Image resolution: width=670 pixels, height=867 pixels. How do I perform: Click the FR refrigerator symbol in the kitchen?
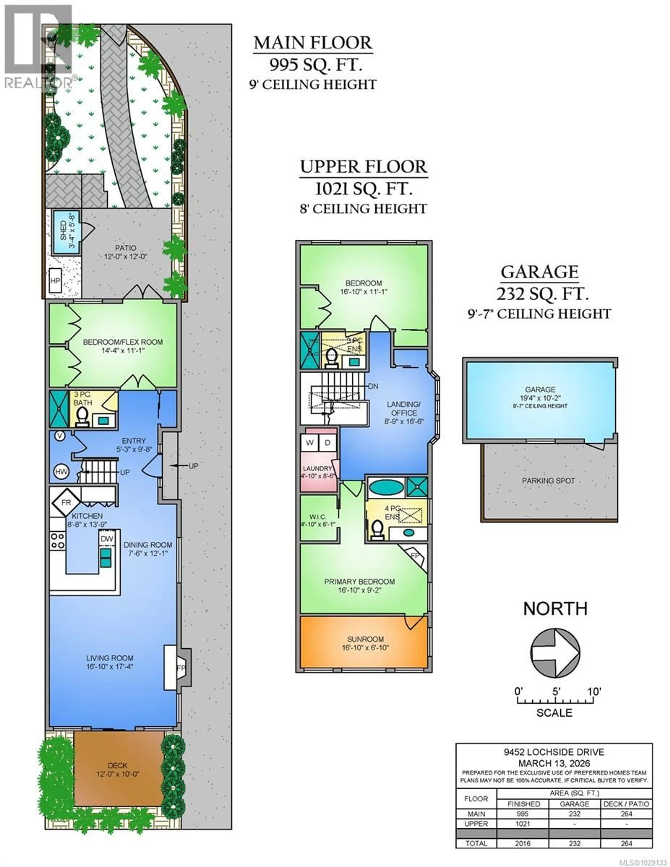click(x=66, y=503)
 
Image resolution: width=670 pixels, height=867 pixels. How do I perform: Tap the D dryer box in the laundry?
click(x=328, y=443)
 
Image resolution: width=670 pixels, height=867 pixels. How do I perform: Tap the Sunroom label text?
click(x=365, y=639)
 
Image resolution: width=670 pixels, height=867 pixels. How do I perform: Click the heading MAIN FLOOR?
click(x=313, y=43)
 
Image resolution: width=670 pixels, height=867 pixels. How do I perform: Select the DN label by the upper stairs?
click(x=373, y=386)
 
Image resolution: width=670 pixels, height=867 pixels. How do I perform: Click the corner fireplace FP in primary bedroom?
click(x=415, y=556)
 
